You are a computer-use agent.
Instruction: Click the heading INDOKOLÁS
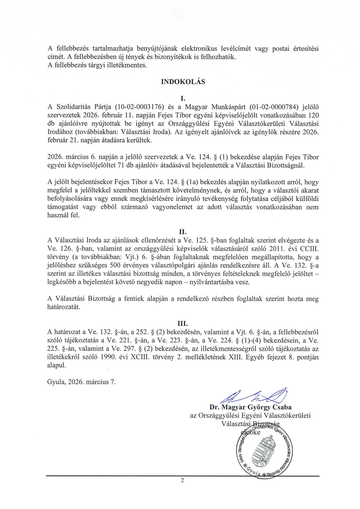(x=183, y=82)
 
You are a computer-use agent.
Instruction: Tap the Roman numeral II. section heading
(x=183, y=230)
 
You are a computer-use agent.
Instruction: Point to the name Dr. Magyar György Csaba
(x=251, y=408)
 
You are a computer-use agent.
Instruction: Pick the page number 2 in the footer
(x=183, y=481)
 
